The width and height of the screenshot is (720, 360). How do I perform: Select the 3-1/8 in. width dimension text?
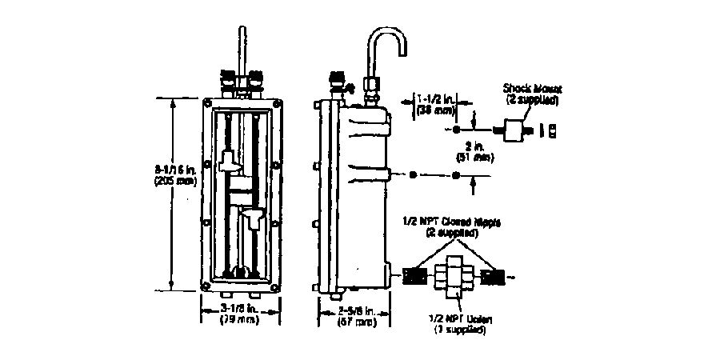click(240, 307)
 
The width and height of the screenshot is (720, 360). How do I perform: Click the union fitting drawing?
click(453, 276)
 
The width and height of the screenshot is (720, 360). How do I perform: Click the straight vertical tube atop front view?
click(241, 48)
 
